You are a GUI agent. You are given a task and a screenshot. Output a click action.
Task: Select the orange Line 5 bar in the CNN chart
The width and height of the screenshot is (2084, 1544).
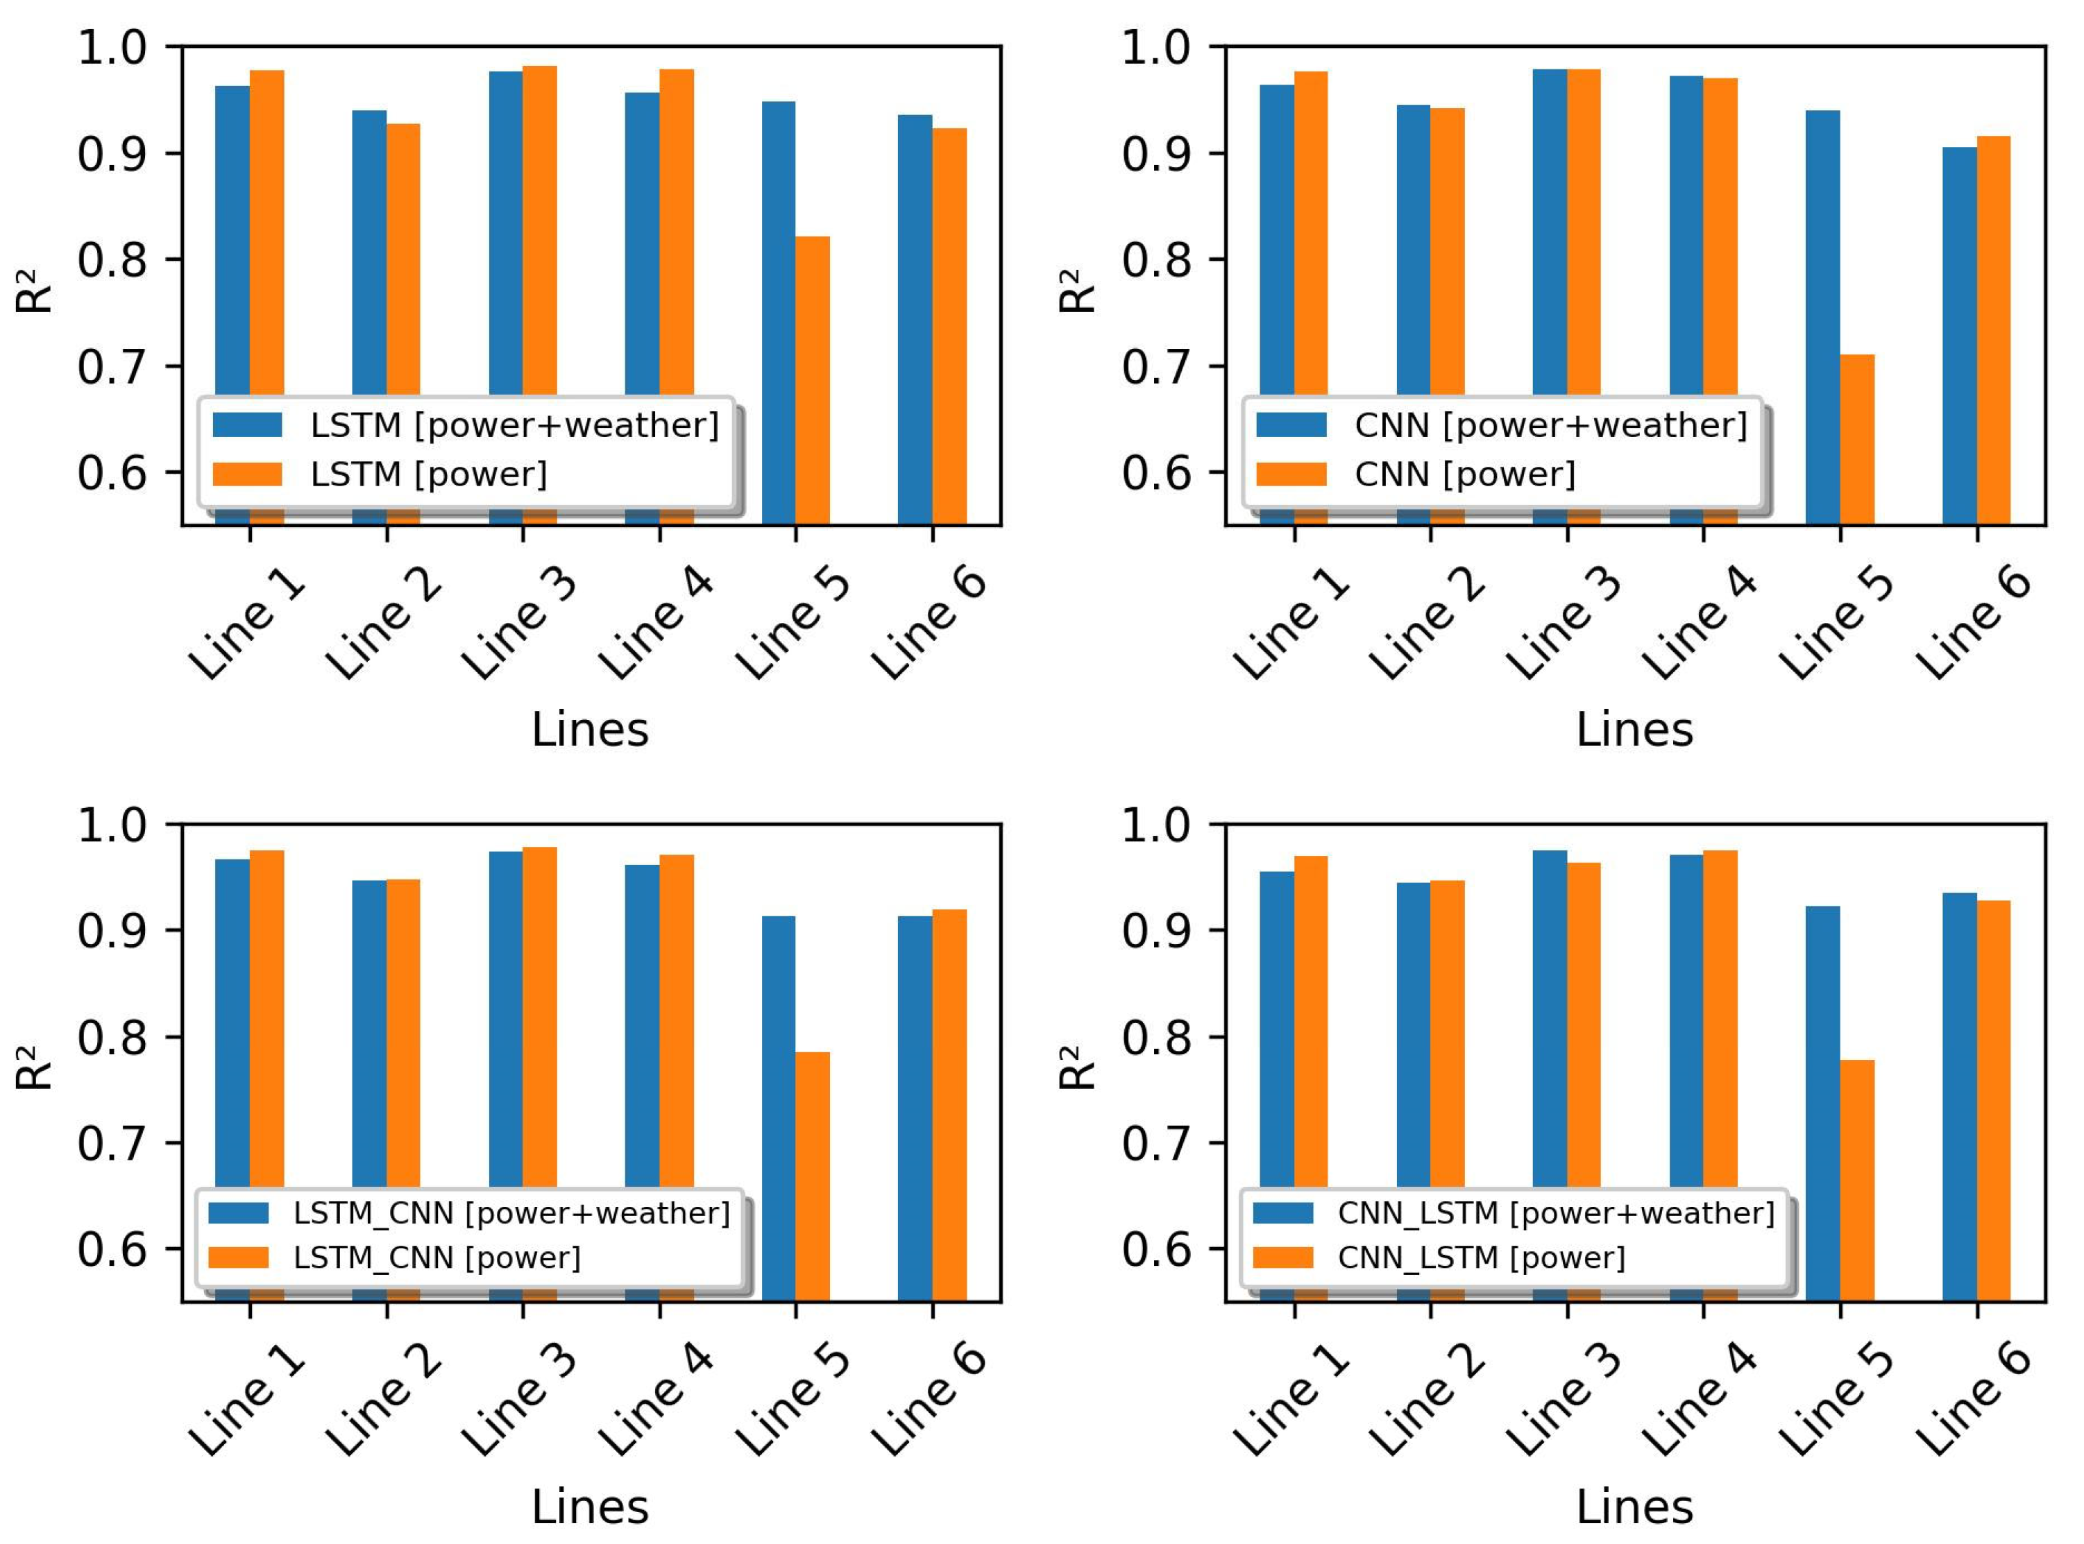[x=1857, y=439]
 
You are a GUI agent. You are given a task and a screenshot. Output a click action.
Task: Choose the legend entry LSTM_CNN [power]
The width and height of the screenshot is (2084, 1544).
[x=437, y=1258]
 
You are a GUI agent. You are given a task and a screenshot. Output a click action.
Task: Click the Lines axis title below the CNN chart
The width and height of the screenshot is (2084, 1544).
[x=1634, y=730]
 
